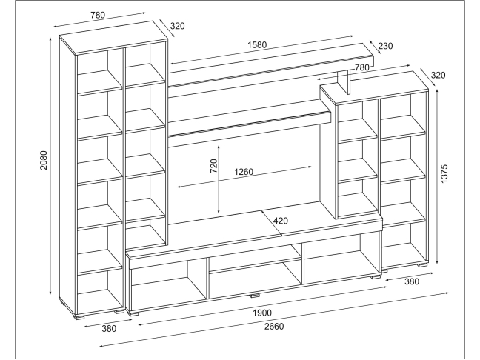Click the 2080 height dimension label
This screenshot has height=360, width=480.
44,161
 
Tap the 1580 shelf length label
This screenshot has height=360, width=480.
259,44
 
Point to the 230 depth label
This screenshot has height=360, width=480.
385,46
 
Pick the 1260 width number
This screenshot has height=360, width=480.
244,173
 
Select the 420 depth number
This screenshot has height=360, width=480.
281,220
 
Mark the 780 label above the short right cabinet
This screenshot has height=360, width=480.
362,67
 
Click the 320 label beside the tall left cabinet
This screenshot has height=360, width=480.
177,26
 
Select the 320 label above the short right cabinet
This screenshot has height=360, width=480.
438,74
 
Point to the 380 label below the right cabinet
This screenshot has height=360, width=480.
413,281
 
